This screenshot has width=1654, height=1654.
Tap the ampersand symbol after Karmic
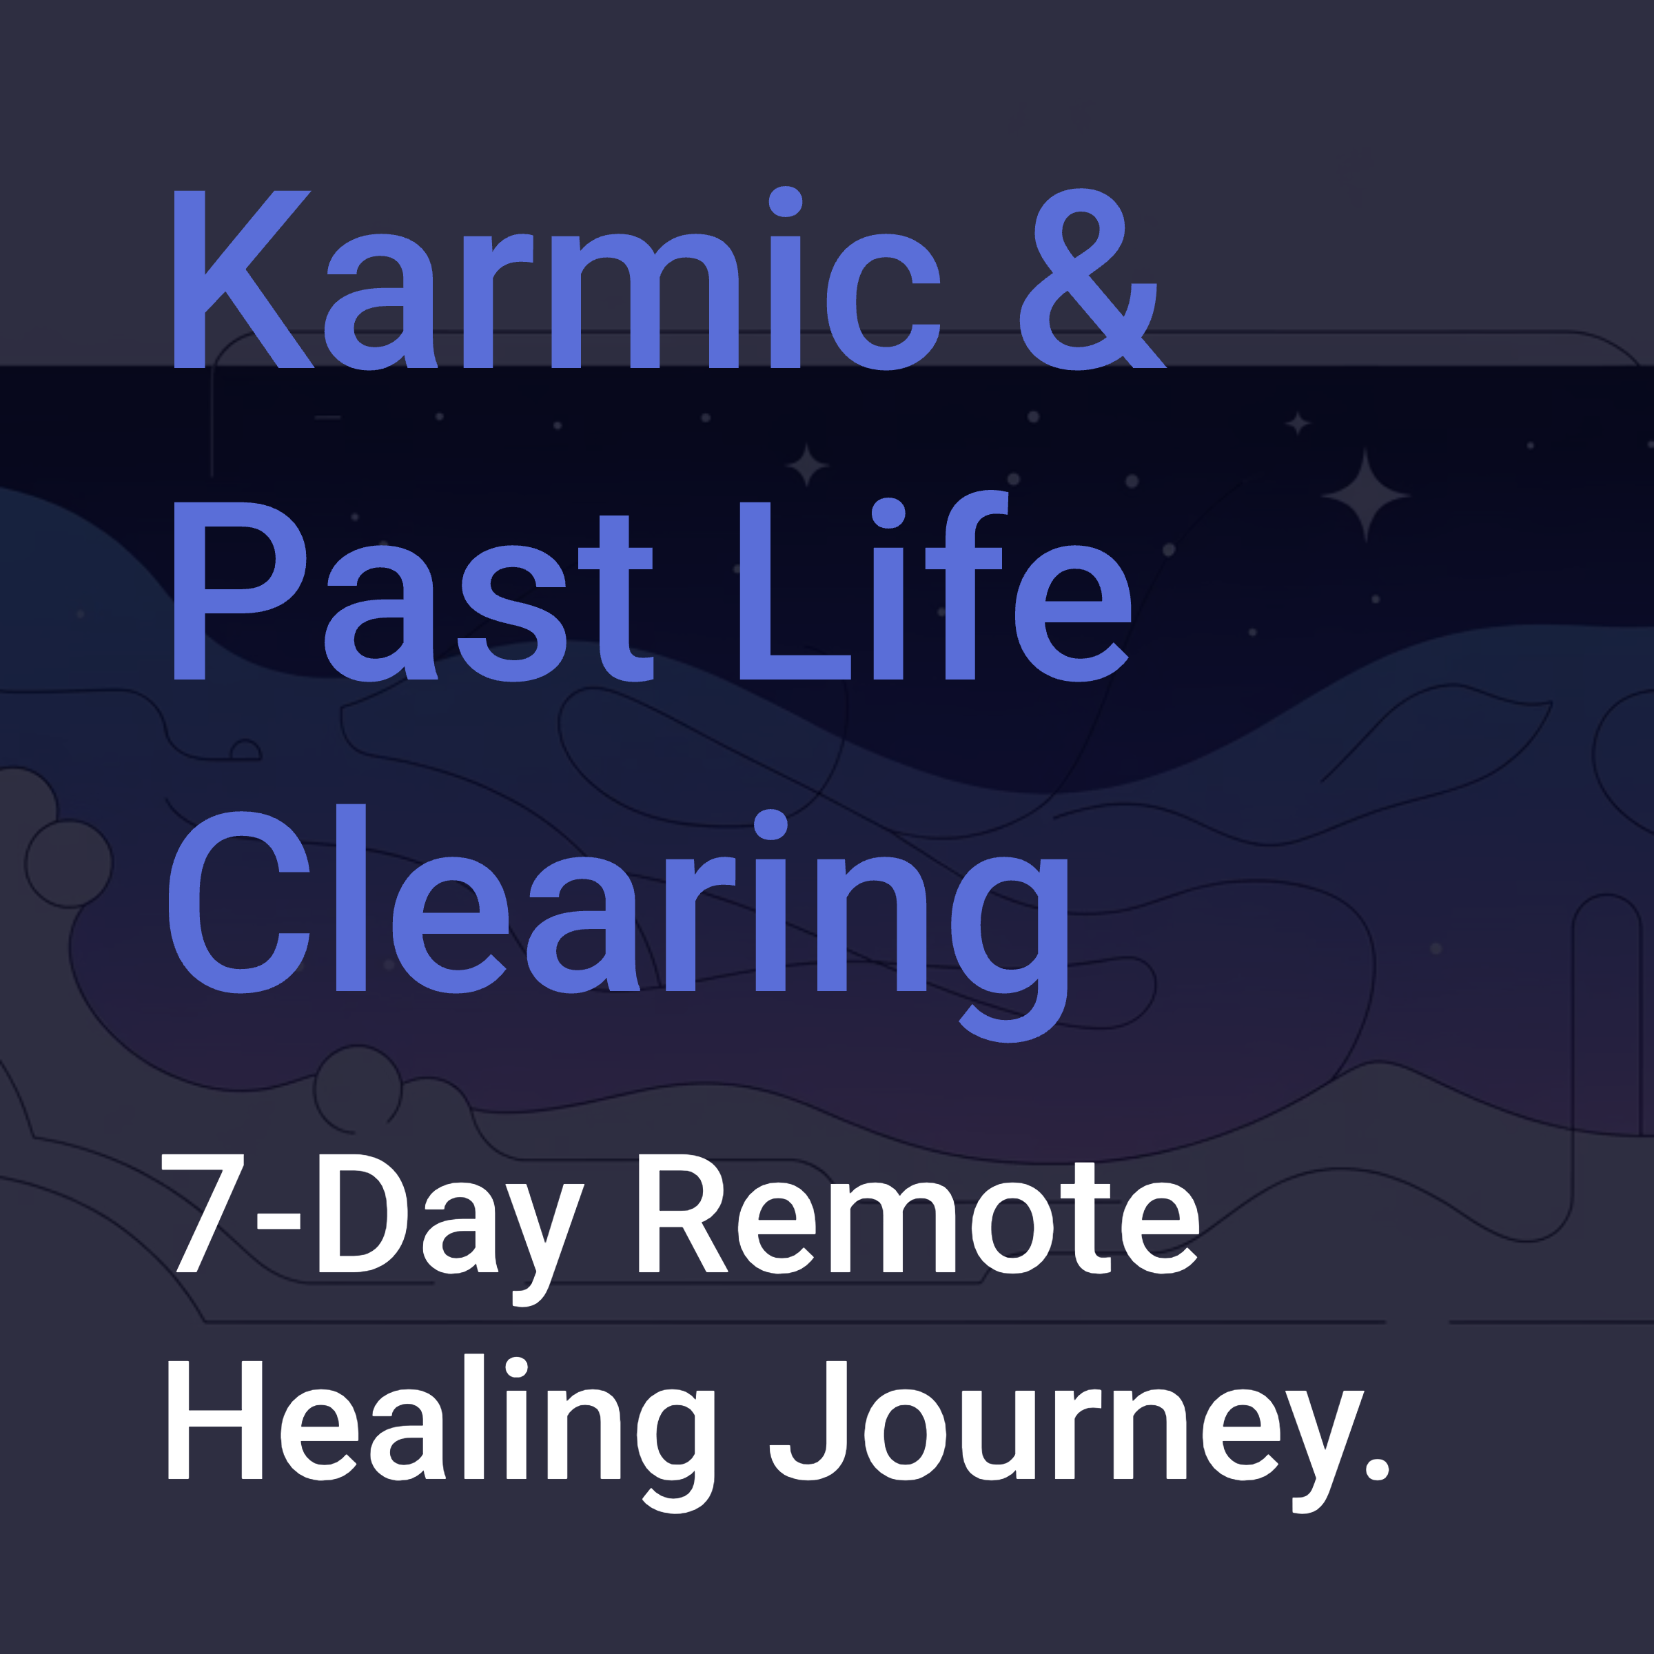(x=1091, y=280)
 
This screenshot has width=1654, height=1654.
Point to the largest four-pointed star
(x=1365, y=496)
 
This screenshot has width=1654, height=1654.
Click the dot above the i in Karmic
(x=785, y=202)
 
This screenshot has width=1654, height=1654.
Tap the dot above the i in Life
(x=888, y=513)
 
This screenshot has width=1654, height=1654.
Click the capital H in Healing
(x=214, y=1421)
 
